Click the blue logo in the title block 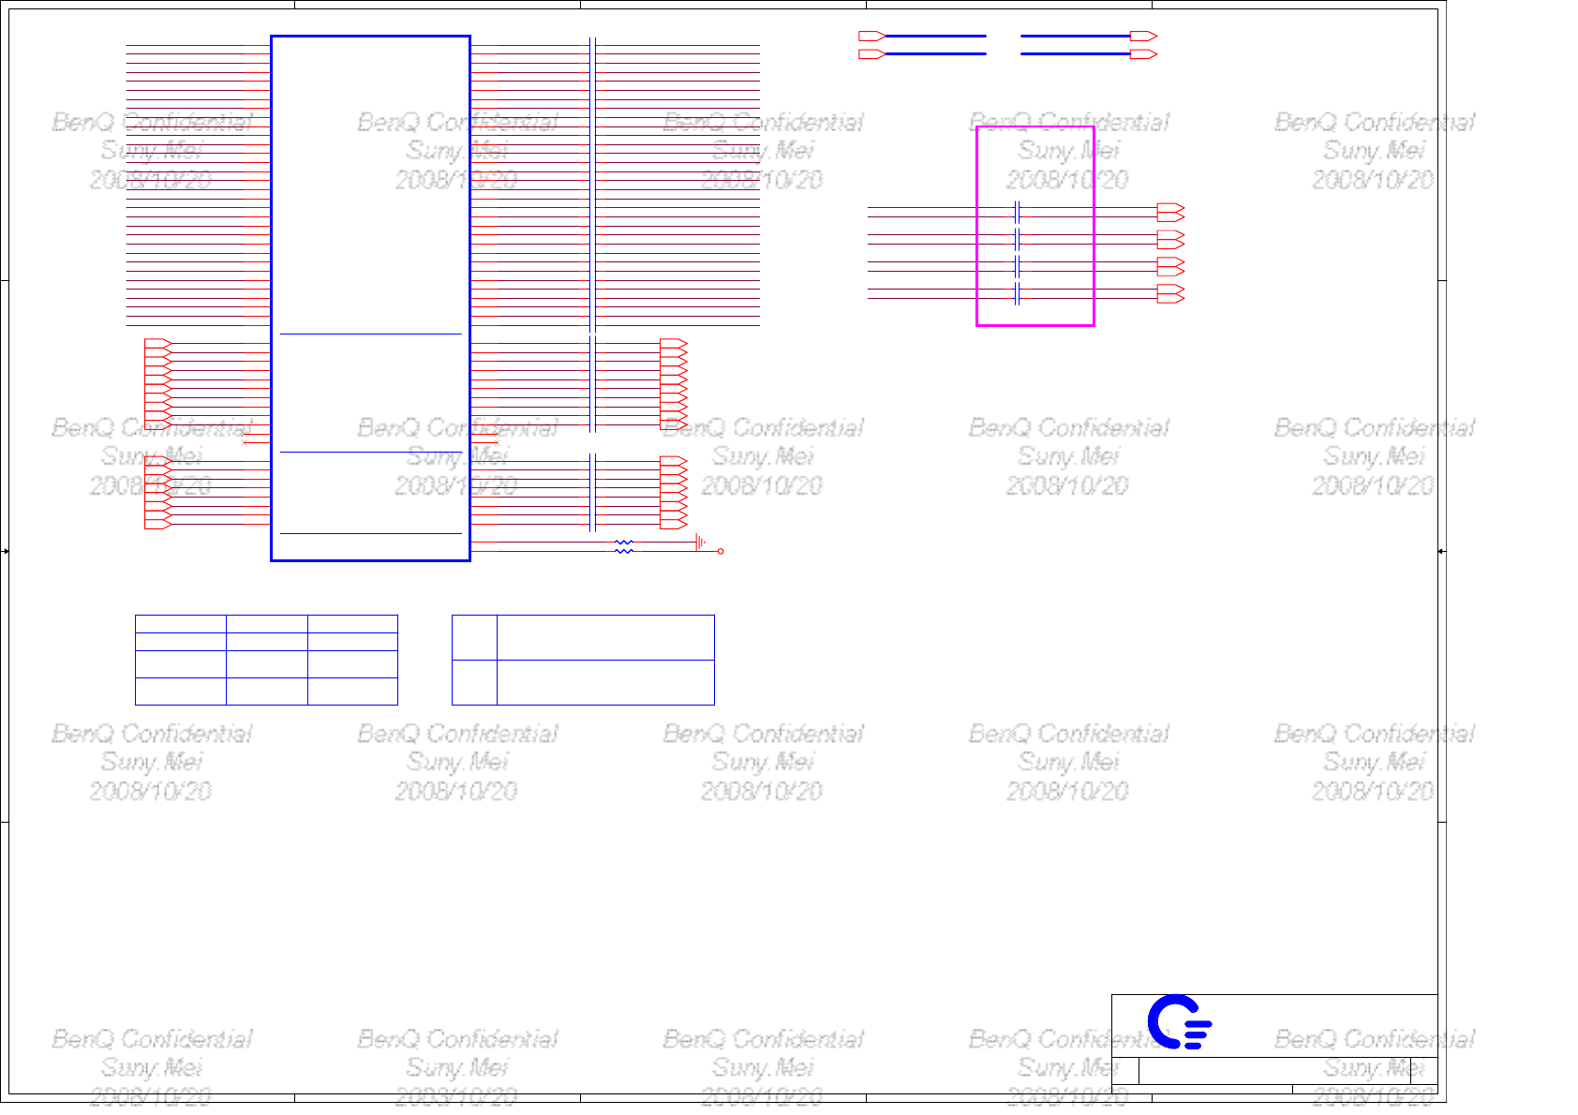(1179, 1021)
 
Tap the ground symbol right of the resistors (700, 543)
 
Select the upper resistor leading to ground (624, 543)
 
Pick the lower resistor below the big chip (624, 551)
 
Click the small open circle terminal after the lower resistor (721, 551)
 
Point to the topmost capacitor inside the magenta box (1017, 212)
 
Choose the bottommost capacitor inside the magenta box (1017, 294)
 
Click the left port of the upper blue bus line (872, 37)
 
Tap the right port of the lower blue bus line (1143, 54)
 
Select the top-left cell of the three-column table (180, 624)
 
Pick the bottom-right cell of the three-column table (352, 691)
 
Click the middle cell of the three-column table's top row (266, 624)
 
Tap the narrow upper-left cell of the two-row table (474, 637)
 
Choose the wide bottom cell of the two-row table (605, 682)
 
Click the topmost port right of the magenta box (1170, 212)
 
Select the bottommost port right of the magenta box (1170, 294)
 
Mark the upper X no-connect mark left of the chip (245, 434)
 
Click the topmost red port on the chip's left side (157, 344)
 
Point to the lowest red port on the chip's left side (157, 524)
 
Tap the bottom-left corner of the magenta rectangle (977, 325)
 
